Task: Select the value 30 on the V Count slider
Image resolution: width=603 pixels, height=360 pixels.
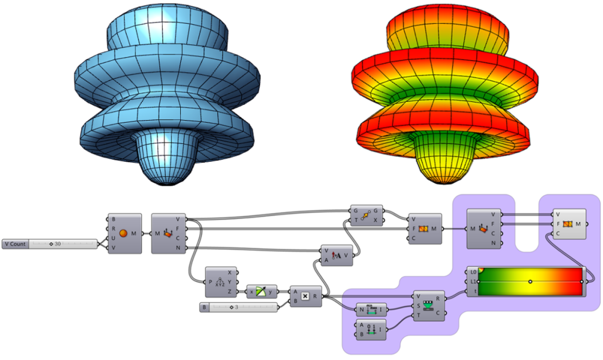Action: (x=55, y=244)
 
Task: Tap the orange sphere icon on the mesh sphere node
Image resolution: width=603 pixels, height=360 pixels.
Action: (x=124, y=233)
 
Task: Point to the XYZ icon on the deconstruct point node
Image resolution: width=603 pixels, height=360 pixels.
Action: (x=219, y=281)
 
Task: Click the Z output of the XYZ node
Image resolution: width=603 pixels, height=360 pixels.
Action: (x=229, y=291)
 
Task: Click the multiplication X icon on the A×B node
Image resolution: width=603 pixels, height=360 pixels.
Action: (x=305, y=296)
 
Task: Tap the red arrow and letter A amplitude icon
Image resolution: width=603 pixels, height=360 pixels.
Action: (x=337, y=255)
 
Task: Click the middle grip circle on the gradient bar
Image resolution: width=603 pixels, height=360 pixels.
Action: (x=530, y=281)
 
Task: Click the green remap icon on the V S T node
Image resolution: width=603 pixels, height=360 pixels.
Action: (x=428, y=305)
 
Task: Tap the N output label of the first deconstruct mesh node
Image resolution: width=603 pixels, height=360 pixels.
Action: (x=178, y=247)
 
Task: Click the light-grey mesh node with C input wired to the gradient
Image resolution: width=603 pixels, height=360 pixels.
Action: (x=569, y=224)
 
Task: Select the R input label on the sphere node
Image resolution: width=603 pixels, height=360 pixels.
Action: (x=113, y=228)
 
